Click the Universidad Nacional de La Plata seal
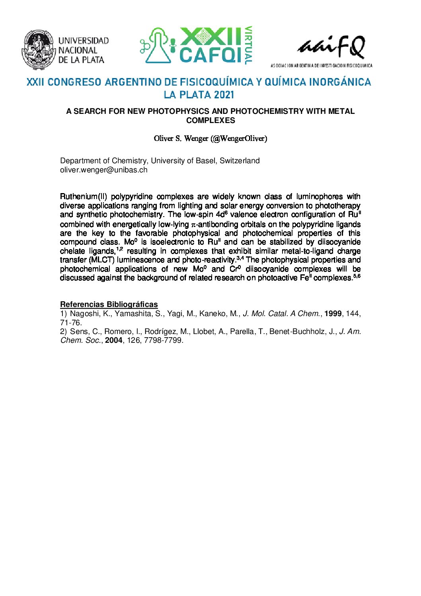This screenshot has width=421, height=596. coord(38,50)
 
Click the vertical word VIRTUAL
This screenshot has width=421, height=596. coord(248,45)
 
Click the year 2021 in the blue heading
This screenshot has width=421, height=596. coord(224,95)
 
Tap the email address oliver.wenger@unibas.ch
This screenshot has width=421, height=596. coord(103,170)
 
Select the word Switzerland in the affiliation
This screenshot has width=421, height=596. coord(240,161)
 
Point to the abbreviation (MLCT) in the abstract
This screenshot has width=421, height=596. coord(101,260)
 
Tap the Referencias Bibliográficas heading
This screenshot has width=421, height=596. coord(109,305)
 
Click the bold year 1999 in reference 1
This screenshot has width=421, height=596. coord(333,314)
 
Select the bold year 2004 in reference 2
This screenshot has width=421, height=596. coord(114,340)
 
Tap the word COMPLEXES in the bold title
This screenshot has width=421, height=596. coord(210,120)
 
